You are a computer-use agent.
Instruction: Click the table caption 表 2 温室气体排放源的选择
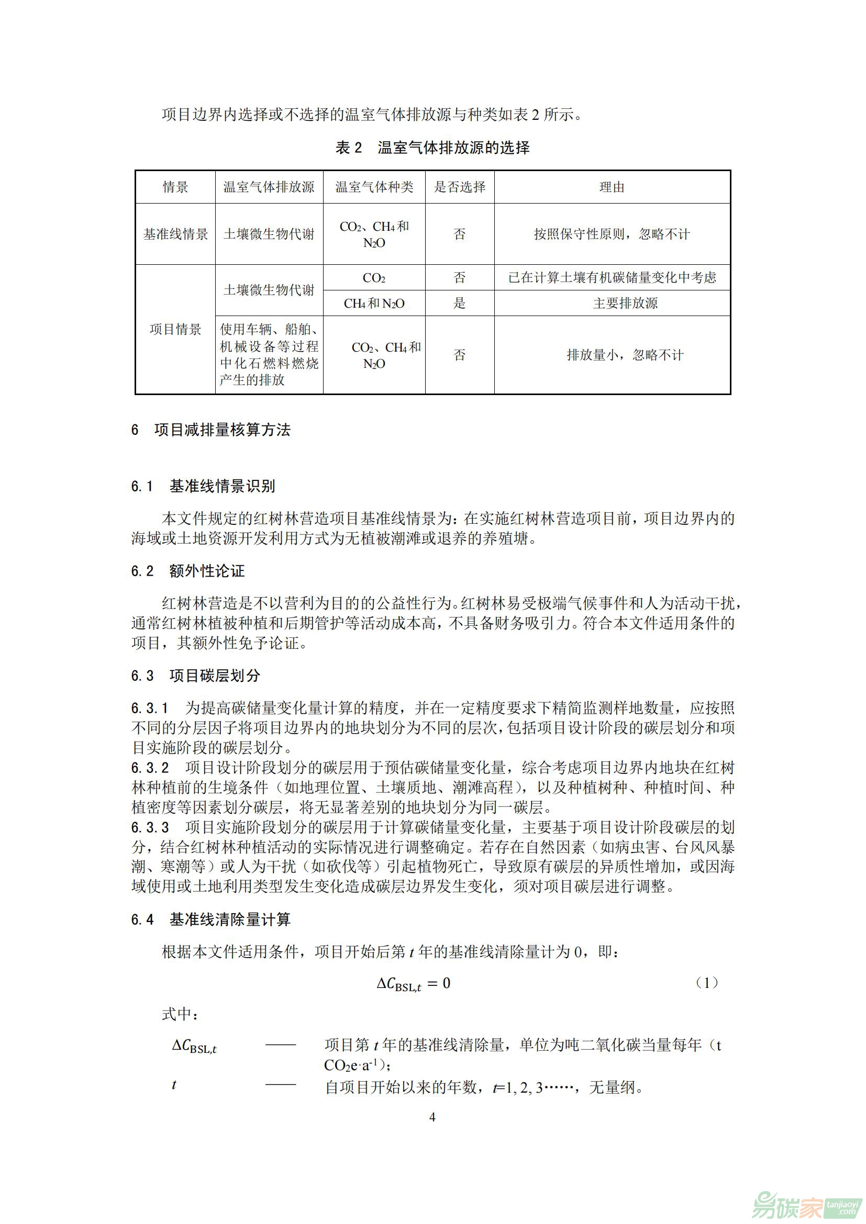(432, 148)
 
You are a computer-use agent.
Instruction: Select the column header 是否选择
(460, 187)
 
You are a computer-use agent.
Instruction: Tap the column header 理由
(612, 187)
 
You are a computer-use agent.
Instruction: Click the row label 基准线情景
(175, 234)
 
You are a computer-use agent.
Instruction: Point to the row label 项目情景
(175, 329)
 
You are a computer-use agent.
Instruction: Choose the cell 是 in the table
(460, 304)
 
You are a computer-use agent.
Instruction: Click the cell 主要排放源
(626, 304)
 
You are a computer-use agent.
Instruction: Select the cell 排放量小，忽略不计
(625, 355)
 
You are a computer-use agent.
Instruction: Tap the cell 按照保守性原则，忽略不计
(612, 234)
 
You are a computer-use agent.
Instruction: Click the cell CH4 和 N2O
(374, 304)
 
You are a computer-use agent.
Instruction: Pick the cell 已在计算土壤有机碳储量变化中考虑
(612, 277)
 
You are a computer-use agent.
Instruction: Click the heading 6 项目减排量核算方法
(210, 430)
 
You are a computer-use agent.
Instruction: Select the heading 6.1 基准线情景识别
(203, 486)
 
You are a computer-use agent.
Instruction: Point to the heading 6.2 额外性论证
(188, 571)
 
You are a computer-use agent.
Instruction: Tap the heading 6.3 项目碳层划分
(195, 676)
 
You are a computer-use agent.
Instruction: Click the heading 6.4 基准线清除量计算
(210, 919)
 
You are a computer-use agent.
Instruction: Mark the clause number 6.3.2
(150, 768)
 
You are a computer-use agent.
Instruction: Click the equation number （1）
(707, 983)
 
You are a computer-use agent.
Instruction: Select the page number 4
(432, 1117)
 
